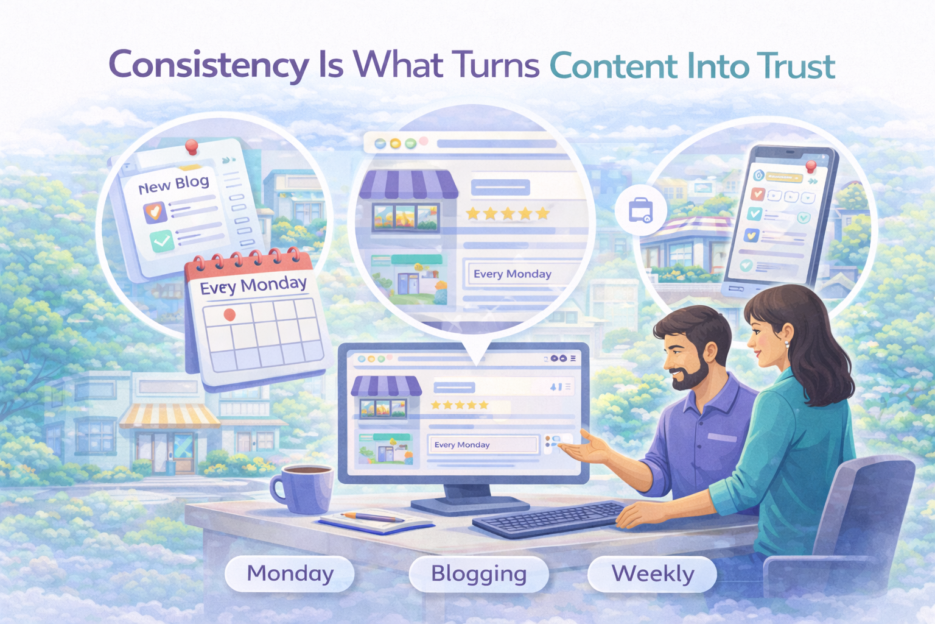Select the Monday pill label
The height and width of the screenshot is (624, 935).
pyautogui.click(x=290, y=573)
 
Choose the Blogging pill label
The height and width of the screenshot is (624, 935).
pyautogui.click(x=478, y=574)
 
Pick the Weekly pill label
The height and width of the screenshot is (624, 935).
pyautogui.click(x=653, y=574)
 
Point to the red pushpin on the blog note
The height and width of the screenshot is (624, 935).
pyautogui.click(x=192, y=147)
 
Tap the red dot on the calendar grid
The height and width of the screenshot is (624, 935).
pyautogui.click(x=229, y=314)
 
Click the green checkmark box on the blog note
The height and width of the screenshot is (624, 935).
pyautogui.click(x=162, y=241)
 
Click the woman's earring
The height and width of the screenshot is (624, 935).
pyautogui.click(x=786, y=344)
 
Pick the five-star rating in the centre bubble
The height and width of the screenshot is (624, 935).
pyautogui.click(x=507, y=214)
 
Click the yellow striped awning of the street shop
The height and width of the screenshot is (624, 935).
pyautogui.click(x=169, y=416)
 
